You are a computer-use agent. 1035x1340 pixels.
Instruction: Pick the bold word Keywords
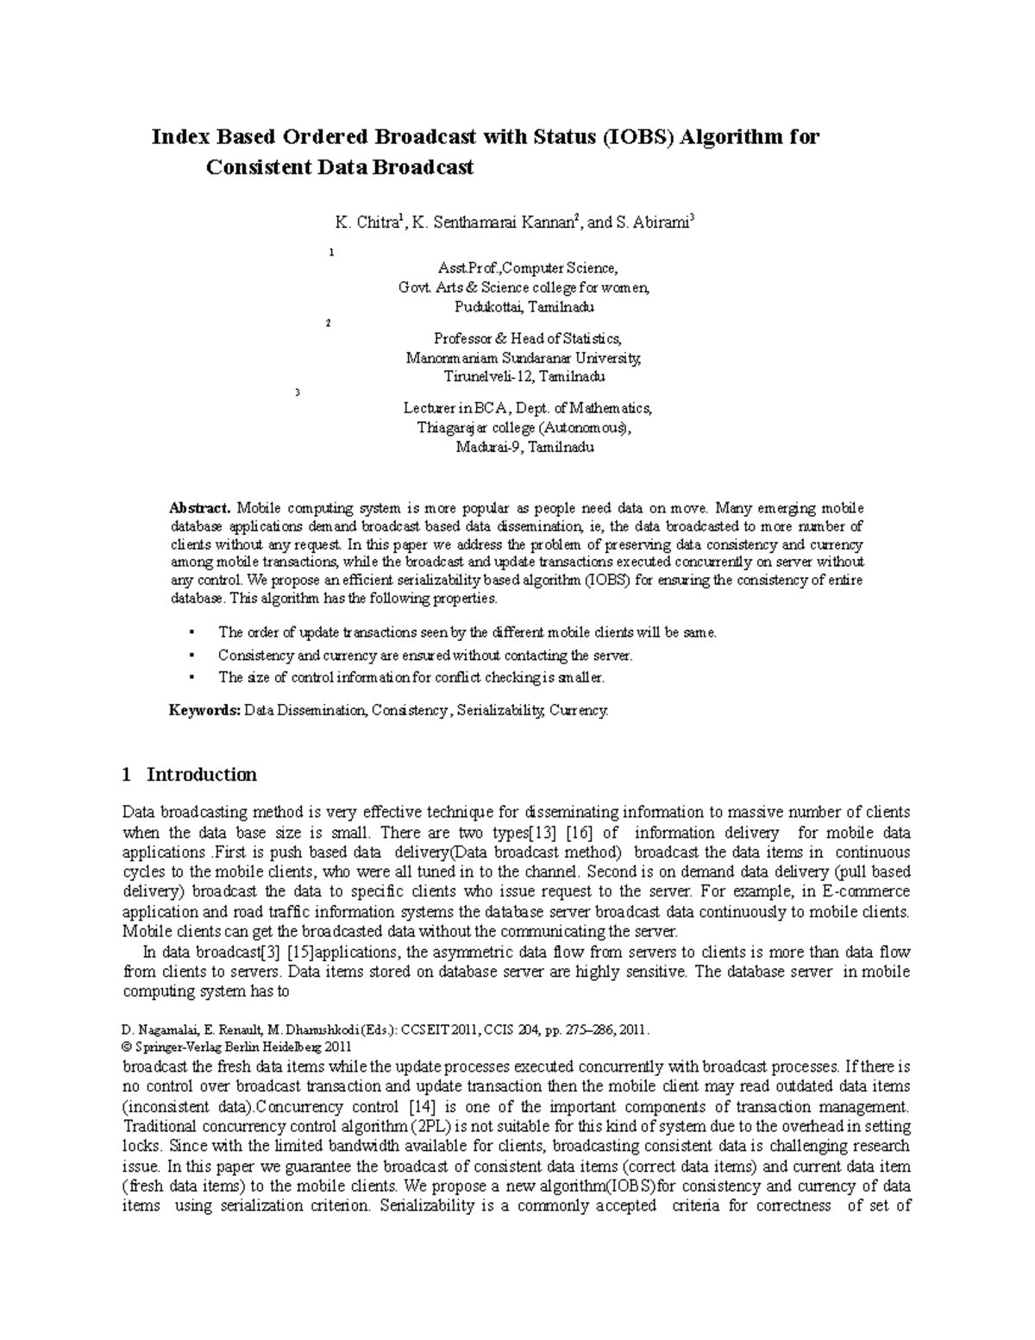204,711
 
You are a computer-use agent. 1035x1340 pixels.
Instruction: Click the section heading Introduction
202,774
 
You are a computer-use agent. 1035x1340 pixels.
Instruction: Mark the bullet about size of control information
411,677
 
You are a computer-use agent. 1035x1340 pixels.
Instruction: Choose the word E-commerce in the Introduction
868,891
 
